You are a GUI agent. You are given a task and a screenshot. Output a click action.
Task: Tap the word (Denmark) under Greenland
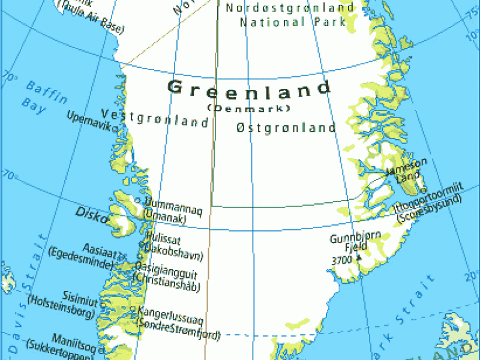(248, 109)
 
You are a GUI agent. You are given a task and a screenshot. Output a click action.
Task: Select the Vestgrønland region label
(155, 118)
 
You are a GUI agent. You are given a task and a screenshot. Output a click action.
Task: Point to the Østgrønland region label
(286, 128)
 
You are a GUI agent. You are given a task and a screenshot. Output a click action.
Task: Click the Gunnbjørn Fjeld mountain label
(355, 242)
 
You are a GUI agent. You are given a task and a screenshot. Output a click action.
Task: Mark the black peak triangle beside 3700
(359, 257)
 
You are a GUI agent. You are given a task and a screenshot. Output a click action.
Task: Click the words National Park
(293, 22)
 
